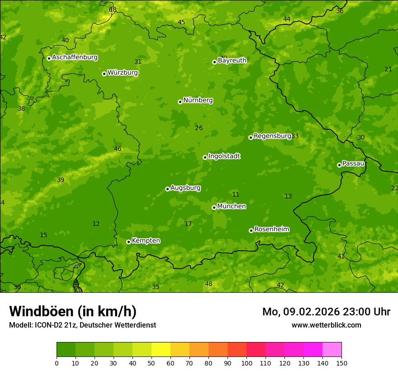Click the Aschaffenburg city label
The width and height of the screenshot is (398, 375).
pos(75,57)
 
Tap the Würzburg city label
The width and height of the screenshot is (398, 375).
pos(123,73)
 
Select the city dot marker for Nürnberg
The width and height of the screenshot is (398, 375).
pos(180,102)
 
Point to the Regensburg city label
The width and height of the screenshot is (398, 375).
pos(272,136)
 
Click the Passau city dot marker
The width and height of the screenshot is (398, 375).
pos(339,165)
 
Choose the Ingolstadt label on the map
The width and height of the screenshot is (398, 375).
pos(224,156)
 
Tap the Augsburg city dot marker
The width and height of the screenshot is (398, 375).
pos(167,189)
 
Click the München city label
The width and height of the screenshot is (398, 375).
pos(232,206)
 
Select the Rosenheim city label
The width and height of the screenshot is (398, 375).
pos(271,230)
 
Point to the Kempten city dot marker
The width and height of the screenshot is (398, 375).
pos(128,242)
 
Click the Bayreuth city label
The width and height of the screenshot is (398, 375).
pos(232,61)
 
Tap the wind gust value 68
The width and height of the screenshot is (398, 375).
pos(113,9)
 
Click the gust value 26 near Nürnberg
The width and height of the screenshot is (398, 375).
pos(199,128)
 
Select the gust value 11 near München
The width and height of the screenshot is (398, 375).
pos(236,195)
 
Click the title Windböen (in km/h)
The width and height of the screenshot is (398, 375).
pos(73,311)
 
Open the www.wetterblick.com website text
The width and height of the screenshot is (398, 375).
pos(326,325)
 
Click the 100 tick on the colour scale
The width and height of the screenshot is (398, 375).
pos(246,363)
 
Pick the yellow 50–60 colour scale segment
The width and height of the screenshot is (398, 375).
pos(161,350)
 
